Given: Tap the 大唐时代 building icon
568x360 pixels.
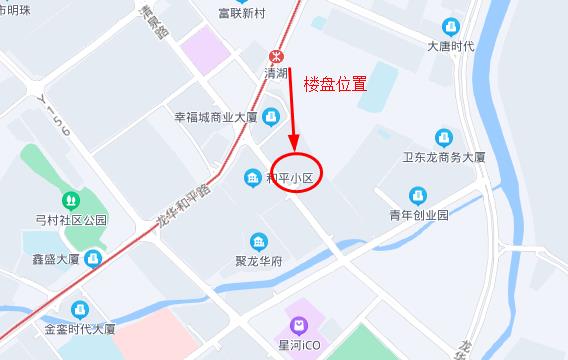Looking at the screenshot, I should point(450,28).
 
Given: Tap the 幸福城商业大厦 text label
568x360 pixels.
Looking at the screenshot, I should point(216,117).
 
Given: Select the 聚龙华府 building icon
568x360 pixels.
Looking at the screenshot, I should point(258,242).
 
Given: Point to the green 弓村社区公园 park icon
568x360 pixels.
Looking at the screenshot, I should point(69,200).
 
